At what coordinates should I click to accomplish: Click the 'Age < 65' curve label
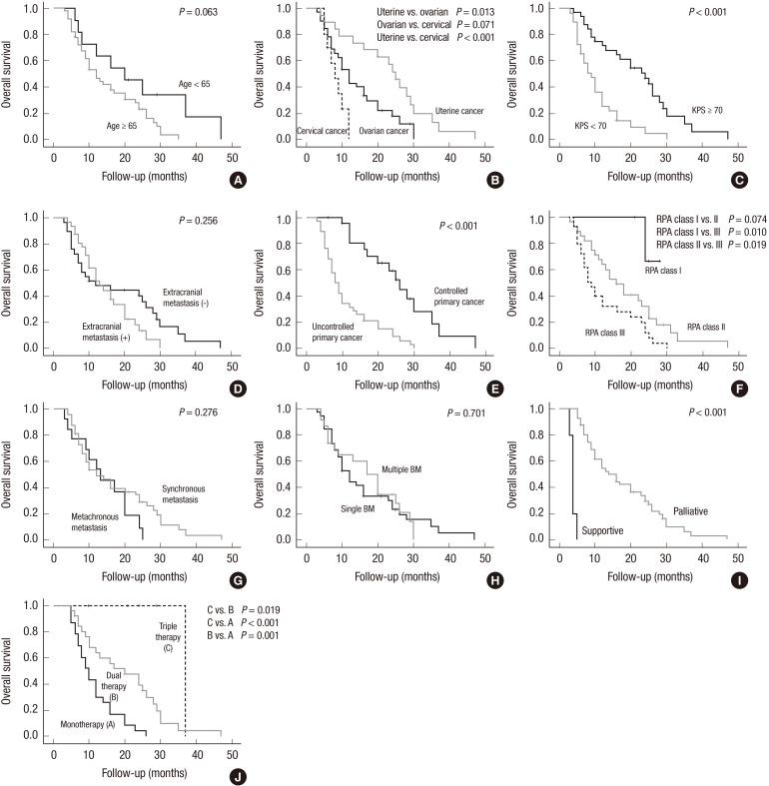[x=198, y=85]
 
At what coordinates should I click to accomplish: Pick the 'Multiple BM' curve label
[x=401, y=469]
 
